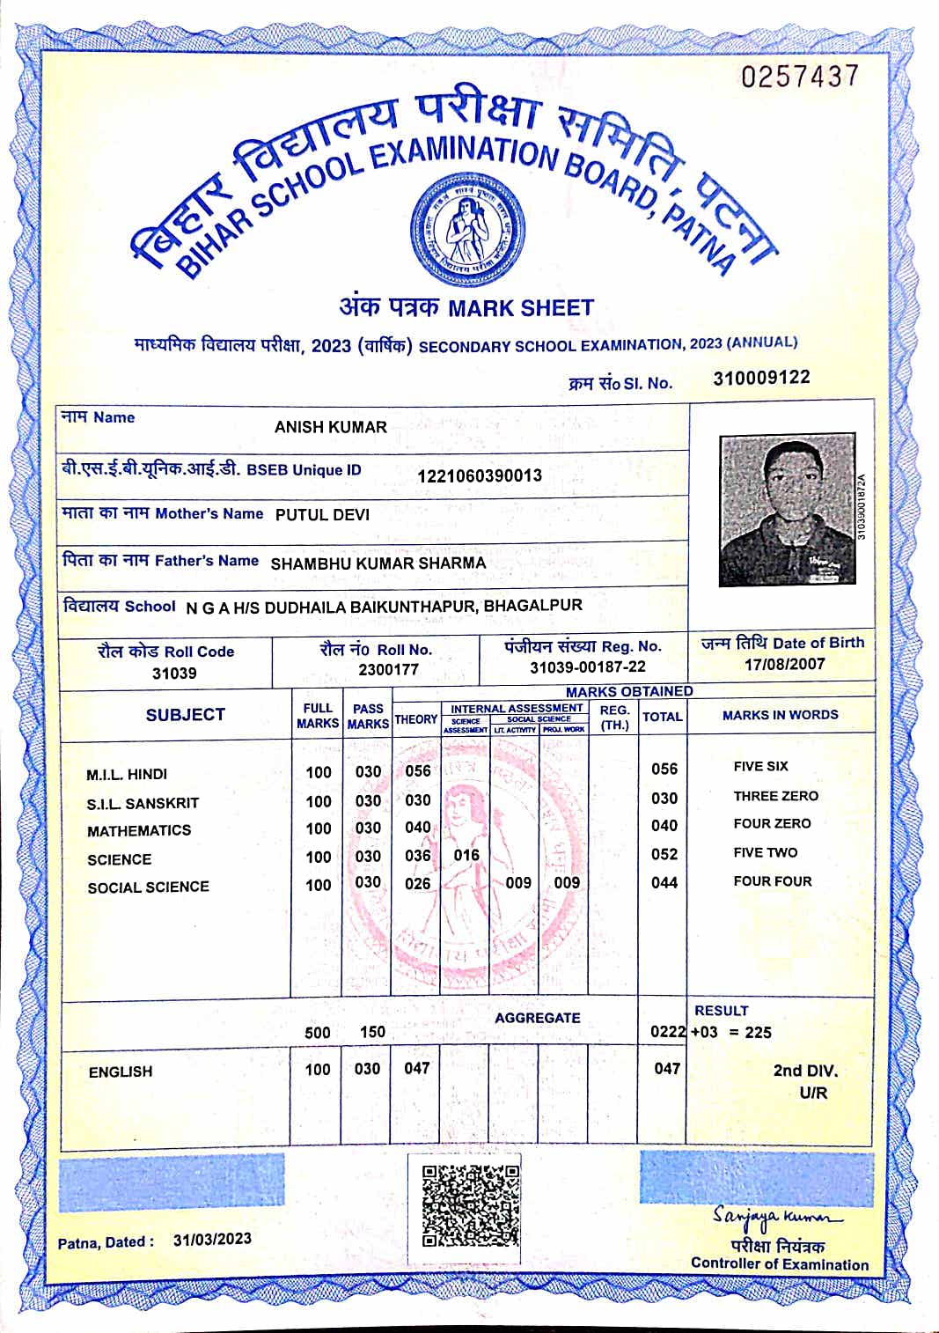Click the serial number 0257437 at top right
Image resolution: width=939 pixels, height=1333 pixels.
[x=799, y=77]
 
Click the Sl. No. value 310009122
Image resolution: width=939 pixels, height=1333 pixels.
[x=761, y=378]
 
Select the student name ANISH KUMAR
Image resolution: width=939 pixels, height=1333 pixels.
[x=331, y=427]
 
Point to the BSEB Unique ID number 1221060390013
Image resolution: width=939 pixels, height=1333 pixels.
[x=480, y=475]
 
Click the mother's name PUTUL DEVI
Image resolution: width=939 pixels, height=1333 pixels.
[x=322, y=515]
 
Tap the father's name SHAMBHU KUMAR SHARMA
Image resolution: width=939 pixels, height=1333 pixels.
[x=378, y=563]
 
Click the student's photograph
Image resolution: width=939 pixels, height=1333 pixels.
[x=787, y=509]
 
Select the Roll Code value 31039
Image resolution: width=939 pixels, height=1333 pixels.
[x=174, y=674]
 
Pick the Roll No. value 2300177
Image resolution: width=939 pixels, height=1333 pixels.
[x=389, y=669]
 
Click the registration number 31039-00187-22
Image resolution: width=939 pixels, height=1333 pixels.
[x=587, y=667]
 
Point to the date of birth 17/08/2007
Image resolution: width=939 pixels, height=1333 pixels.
[x=784, y=664]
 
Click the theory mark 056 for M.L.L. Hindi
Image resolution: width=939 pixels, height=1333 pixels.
[x=418, y=771]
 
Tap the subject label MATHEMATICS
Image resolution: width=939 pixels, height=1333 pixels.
[x=139, y=830]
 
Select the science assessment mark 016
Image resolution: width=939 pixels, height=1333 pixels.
[x=466, y=855]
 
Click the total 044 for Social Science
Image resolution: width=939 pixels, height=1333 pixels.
[x=664, y=882]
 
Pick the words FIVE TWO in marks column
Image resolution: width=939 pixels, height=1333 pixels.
[x=766, y=852]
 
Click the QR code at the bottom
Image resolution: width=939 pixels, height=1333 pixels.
[x=471, y=1205]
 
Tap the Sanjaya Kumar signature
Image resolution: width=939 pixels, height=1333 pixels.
[x=776, y=1217]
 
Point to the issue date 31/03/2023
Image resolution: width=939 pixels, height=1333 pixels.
[x=212, y=1240]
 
